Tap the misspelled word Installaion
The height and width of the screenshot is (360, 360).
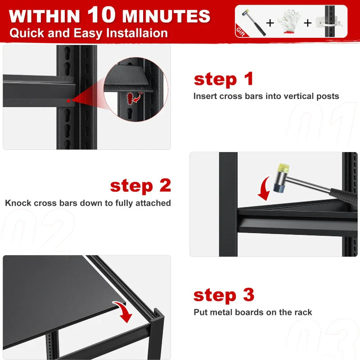(137, 33)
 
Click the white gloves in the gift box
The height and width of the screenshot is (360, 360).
(288, 22)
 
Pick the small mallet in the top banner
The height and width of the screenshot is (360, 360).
(253, 22)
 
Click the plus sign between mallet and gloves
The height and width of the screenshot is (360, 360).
(270, 23)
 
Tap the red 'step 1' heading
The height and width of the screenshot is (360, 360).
(223, 80)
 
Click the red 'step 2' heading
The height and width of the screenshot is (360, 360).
(140, 186)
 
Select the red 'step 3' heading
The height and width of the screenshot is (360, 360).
(224, 295)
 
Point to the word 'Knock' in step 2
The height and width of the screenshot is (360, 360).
(18, 203)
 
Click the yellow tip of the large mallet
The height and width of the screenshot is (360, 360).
(283, 167)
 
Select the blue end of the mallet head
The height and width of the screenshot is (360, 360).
(279, 187)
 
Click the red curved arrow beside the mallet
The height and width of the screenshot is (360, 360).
(264, 188)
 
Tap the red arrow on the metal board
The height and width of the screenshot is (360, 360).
(123, 311)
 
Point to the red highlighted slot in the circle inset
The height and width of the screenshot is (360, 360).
(130, 98)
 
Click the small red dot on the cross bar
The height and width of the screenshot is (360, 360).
(68, 101)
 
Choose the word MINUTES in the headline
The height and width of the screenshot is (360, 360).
(166, 16)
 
